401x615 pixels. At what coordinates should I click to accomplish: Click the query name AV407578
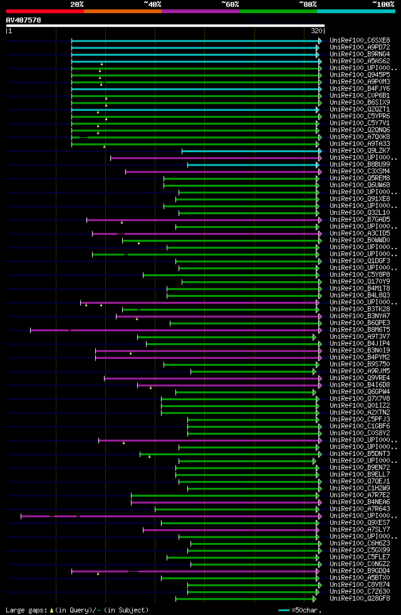(23, 20)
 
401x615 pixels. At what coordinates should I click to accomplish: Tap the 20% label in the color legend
(77, 4)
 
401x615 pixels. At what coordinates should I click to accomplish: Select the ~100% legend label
(383, 4)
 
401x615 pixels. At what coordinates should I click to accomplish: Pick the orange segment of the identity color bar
(122, 11)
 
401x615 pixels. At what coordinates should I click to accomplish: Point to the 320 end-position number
(316, 31)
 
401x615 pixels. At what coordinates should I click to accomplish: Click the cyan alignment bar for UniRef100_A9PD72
(194, 48)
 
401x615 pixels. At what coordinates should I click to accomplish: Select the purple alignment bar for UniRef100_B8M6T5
(175, 330)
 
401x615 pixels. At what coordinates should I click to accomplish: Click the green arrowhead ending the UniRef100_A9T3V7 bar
(315, 337)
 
